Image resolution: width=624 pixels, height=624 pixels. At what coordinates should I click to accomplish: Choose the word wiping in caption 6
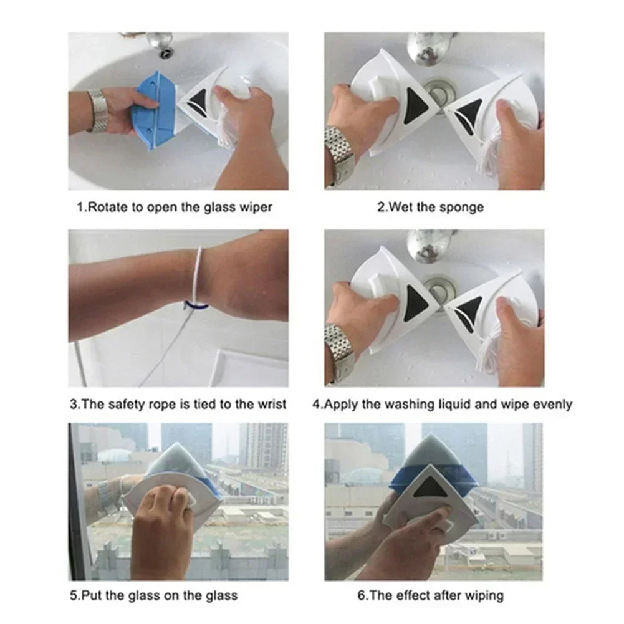(x=481, y=595)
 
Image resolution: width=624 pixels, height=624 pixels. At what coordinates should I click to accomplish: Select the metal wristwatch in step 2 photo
(x=340, y=153)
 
